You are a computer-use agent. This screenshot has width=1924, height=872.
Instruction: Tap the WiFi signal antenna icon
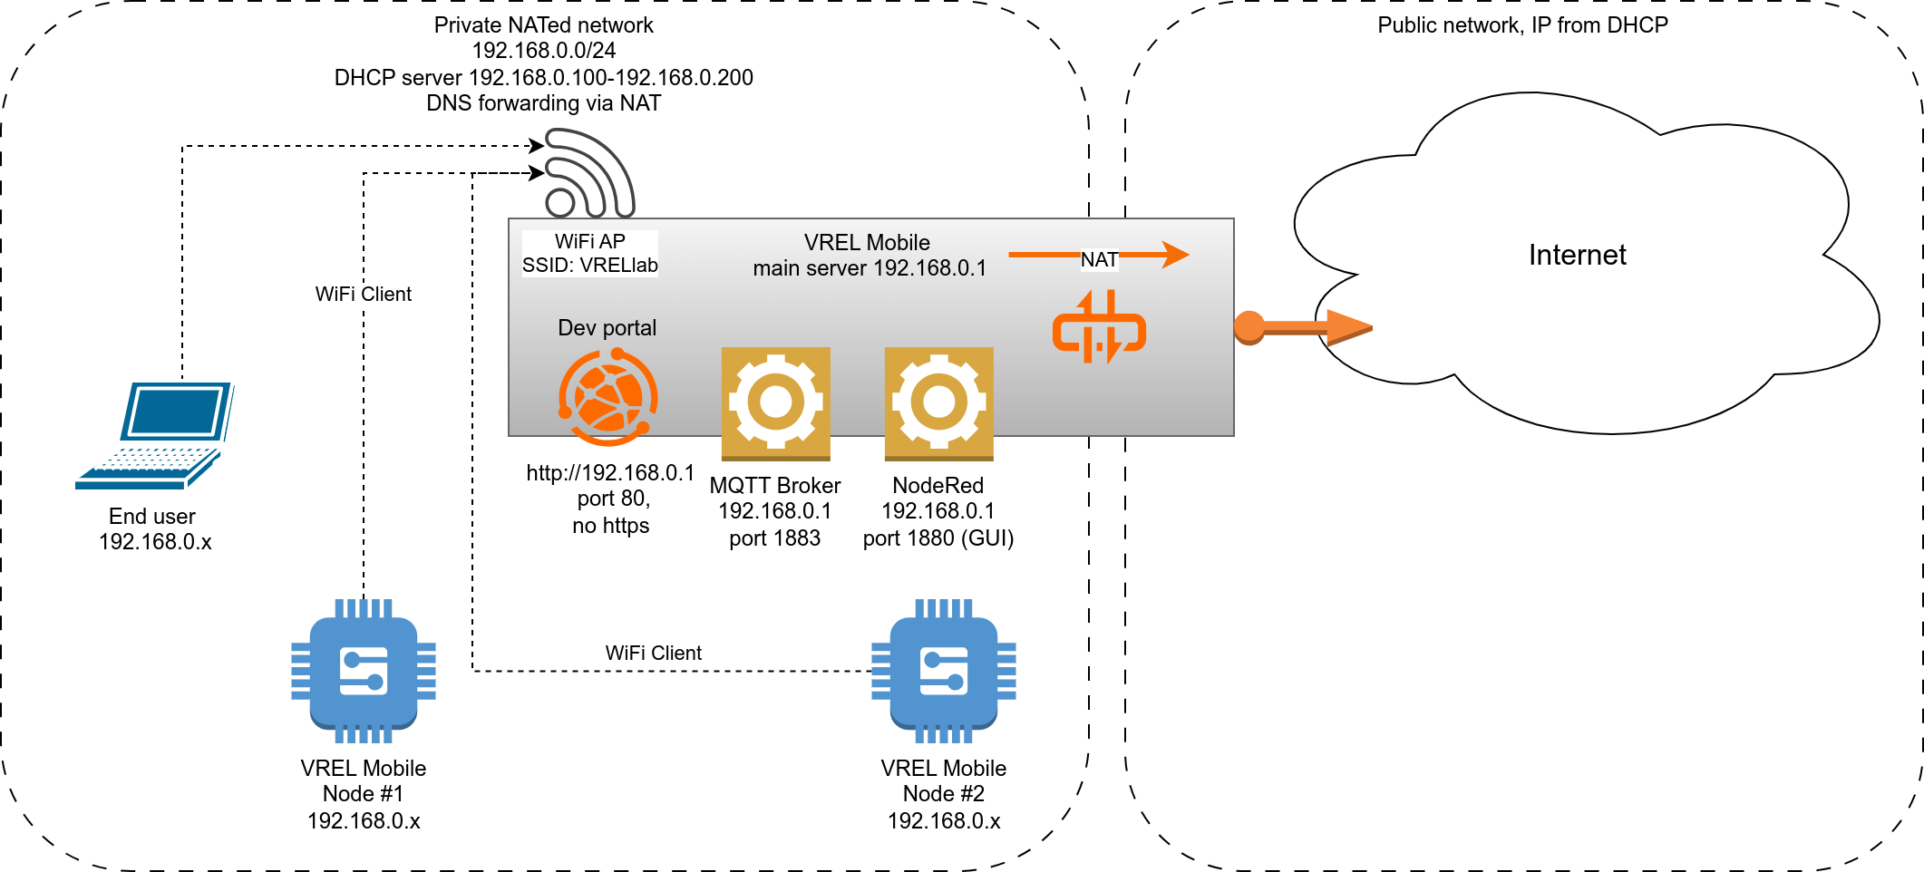589,173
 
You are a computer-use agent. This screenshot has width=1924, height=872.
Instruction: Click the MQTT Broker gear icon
775,402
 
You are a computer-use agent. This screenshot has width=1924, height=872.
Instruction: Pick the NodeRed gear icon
938,402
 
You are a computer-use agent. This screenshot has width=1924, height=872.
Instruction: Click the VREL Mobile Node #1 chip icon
364,671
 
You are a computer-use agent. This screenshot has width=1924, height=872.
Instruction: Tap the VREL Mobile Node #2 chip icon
943,671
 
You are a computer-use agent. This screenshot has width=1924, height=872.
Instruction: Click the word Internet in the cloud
1577,256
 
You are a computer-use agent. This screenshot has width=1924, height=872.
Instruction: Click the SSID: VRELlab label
589,266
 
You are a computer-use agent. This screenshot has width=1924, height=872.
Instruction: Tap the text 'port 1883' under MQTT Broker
774,538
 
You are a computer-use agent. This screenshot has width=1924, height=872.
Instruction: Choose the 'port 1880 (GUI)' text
938,538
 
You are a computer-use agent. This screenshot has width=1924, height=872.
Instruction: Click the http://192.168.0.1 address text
610,473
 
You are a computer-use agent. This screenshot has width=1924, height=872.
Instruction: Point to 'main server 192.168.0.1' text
870,268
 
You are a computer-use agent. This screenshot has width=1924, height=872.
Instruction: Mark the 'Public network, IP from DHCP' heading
1522,25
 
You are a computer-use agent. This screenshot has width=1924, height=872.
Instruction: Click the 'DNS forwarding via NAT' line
543,103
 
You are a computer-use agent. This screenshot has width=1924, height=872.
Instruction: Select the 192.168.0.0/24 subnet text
543,51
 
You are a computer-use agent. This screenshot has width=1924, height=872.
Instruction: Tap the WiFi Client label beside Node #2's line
653,653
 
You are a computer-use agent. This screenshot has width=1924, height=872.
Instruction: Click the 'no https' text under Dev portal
610,526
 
